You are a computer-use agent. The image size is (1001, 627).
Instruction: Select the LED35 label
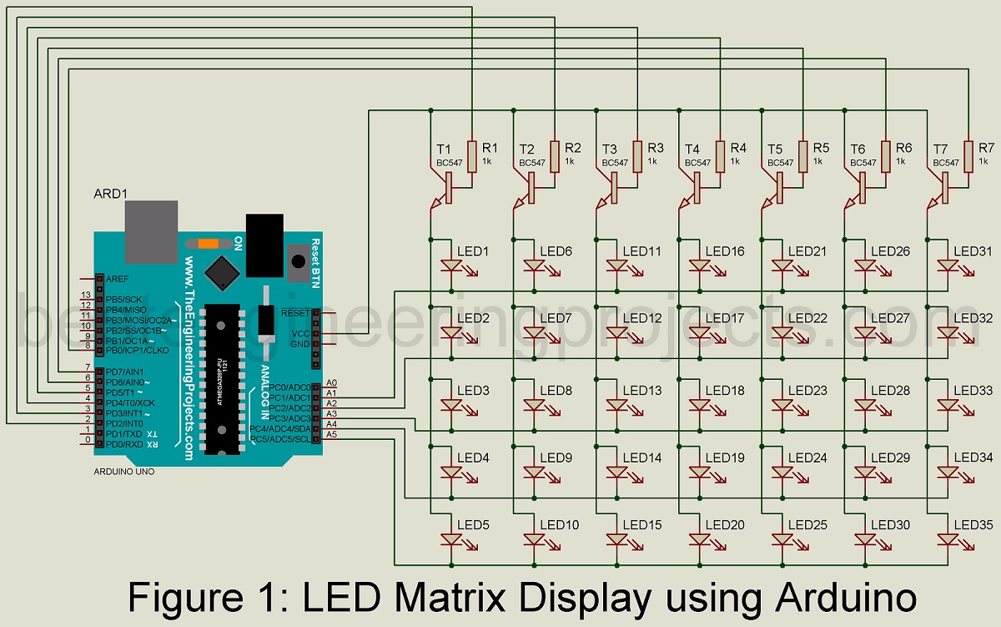[973, 525]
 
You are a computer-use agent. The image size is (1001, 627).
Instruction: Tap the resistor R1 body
[472, 156]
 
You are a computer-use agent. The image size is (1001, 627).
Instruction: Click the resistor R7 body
[969, 156]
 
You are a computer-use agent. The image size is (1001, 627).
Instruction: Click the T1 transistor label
[443, 148]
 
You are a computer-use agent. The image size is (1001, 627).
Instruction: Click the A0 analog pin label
[331, 382]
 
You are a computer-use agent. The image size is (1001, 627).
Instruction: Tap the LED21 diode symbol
[783, 266]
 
